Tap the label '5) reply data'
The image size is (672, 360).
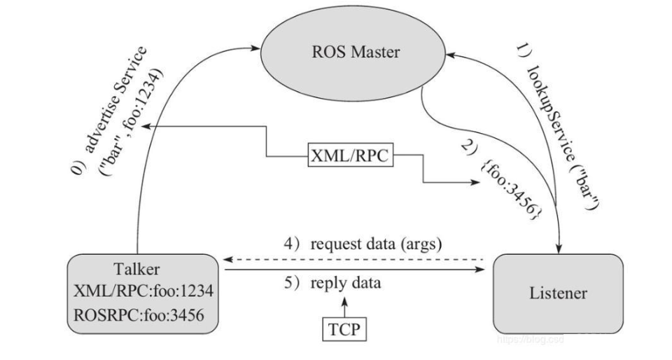(337, 284)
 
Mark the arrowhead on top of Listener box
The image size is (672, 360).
(559, 249)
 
